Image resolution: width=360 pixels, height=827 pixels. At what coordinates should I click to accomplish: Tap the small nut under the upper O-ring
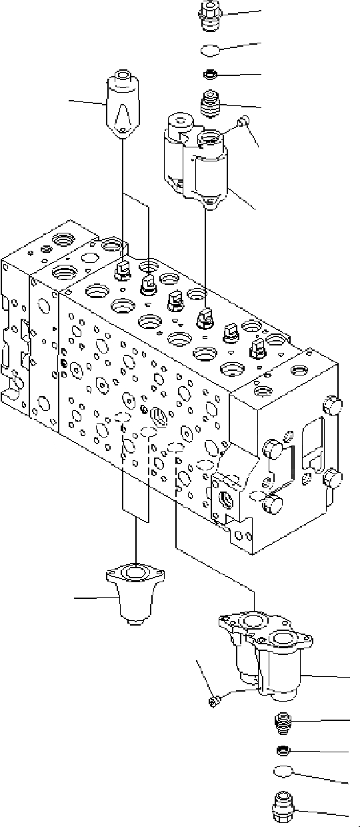[211, 74]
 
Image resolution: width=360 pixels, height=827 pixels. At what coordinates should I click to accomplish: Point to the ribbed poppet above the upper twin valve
[211, 104]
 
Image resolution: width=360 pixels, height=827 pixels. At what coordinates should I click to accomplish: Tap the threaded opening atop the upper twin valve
[211, 139]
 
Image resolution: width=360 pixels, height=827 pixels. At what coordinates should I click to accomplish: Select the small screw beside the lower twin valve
[213, 700]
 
